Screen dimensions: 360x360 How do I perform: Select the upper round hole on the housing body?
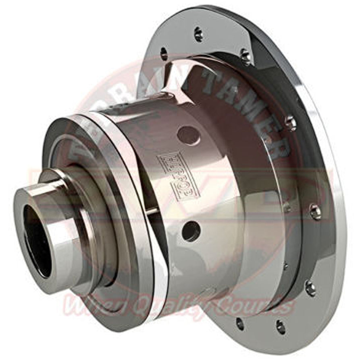(x=188, y=135)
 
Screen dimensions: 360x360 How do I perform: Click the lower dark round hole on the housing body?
(x=191, y=231)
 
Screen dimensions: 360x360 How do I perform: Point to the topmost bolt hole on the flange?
(x=198, y=34)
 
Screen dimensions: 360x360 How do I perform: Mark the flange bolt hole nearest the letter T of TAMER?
(x=245, y=56)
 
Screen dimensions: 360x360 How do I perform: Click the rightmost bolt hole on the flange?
(x=315, y=211)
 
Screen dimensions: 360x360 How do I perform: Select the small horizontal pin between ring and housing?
(x=153, y=212)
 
